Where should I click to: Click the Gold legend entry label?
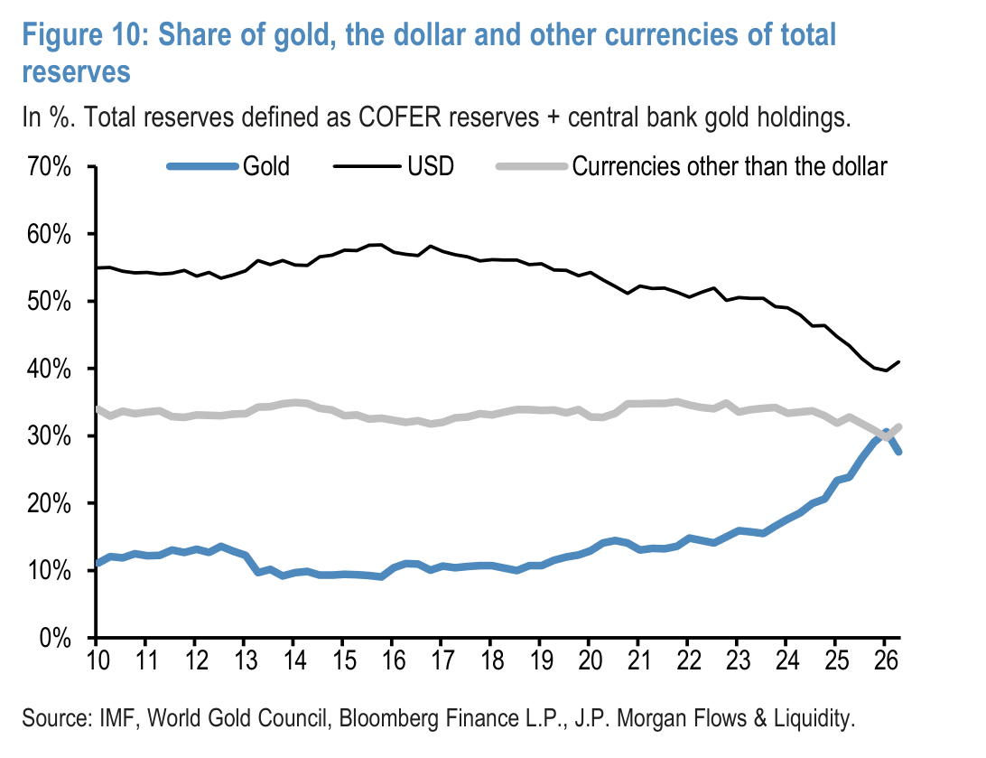click(x=266, y=167)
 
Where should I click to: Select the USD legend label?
click(x=431, y=167)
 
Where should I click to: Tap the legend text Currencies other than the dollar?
click(x=730, y=167)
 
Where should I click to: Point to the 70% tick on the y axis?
click(x=49, y=167)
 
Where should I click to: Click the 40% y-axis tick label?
click(x=49, y=370)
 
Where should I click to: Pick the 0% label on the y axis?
click(x=55, y=639)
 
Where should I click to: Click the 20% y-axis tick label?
click(x=49, y=504)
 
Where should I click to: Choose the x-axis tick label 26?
click(x=885, y=660)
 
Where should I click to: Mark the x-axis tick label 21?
click(x=638, y=660)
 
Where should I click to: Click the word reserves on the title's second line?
click(x=76, y=72)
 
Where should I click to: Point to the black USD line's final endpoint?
click(x=900, y=361)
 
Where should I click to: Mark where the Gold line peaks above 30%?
click(x=886, y=432)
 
